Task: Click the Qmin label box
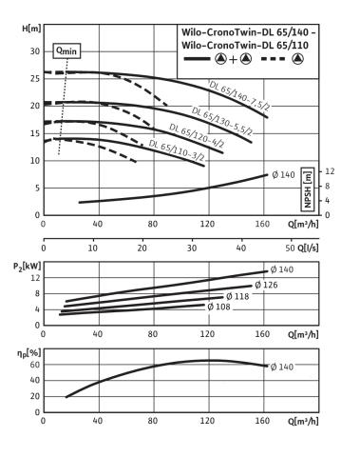click(66, 50)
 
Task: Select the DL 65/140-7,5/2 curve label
click(239, 95)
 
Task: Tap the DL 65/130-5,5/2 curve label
click(222, 121)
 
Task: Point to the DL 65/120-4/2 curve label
click(197, 136)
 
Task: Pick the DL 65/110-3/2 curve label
click(177, 150)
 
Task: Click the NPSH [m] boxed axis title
click(308, 189)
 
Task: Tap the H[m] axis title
click(31, 29)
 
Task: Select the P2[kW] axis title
click(27, 267)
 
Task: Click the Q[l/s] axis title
click(308, 248)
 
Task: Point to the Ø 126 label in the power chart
click(266, 285)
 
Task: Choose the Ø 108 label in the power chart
click(218, 307)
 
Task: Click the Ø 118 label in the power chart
click(237, 296)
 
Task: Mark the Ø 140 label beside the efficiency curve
click(282, 367)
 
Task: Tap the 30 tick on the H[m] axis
click(35, 51)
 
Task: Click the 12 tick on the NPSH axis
click(330, 171)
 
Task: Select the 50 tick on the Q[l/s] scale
click(291, 248)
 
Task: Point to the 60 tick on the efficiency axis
click(35, 365)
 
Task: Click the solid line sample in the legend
click(197, 59)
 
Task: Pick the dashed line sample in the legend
click(274, 59)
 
